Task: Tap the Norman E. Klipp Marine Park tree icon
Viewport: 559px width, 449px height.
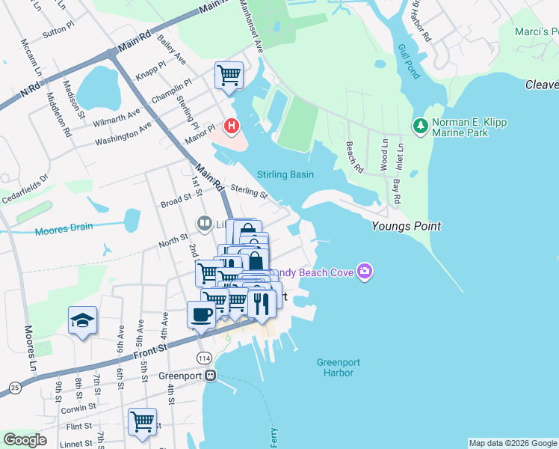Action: click(420, 124)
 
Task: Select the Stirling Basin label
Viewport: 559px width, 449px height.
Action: click(285, 174)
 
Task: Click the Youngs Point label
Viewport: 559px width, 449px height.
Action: click(406, 226)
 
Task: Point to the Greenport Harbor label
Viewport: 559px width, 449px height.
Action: click(338, 367)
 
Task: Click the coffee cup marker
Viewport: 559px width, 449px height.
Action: click(200, 314)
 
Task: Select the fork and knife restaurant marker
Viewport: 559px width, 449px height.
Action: click(262, 302)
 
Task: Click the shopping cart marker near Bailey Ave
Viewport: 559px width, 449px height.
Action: click(229, 75)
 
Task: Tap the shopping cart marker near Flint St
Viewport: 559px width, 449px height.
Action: click(142, 421)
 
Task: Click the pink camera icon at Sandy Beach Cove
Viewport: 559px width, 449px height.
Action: click(364, 271)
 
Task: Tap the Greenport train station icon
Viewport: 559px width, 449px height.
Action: click(211, 375)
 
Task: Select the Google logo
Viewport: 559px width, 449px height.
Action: click(25, 439)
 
